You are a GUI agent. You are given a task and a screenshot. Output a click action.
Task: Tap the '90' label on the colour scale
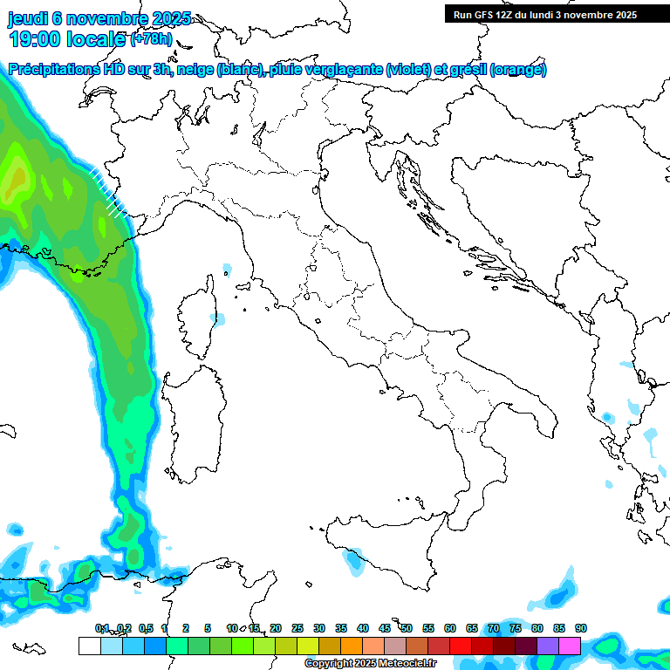580,628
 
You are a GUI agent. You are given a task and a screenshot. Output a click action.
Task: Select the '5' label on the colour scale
208,628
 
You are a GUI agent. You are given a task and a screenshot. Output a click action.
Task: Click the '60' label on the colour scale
449,628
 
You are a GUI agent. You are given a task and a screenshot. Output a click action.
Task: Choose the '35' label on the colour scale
340,628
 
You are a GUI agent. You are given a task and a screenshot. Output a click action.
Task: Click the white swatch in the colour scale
89,646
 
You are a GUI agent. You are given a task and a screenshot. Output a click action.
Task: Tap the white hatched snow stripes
109,193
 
